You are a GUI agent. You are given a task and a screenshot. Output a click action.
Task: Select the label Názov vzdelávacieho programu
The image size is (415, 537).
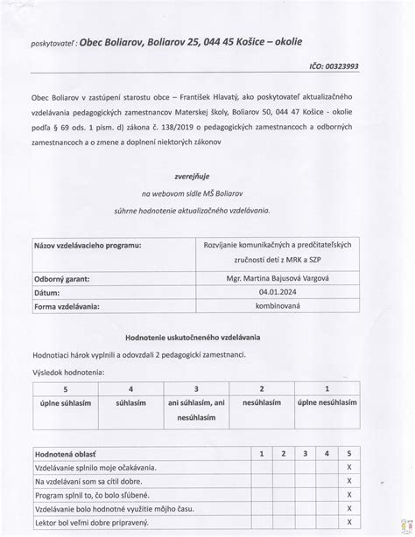tap(86, 247)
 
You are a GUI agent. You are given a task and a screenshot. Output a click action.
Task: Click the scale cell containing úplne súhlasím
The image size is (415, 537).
tap(64, 402)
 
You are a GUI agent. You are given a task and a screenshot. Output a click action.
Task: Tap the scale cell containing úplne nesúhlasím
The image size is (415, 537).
tap(327, 402)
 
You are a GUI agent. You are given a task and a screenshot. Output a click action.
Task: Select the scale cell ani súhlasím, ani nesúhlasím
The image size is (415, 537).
tap(196, 409)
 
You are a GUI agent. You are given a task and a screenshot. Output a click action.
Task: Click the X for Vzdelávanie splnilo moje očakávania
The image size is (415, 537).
tap(348, 467)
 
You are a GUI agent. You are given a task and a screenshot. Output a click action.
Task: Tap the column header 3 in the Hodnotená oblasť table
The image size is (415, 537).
tap(304, 454)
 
